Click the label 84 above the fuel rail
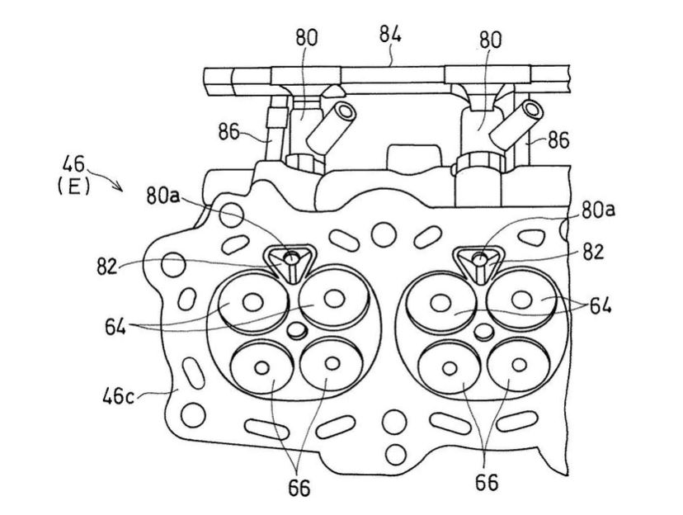(x=390, y=34)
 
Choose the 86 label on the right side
(x=557, y=141)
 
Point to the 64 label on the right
(x=601, y=307)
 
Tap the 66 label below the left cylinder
(x=300, y=487)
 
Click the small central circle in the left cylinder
(x=299, y=331)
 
